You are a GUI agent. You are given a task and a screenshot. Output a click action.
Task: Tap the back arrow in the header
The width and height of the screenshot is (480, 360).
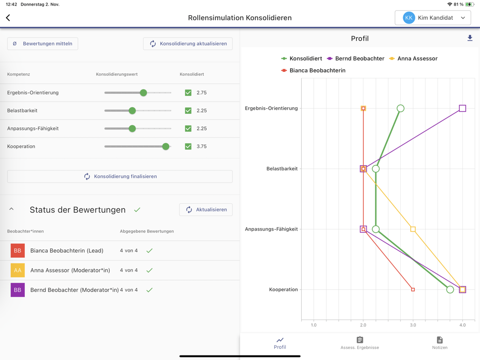point(8,18)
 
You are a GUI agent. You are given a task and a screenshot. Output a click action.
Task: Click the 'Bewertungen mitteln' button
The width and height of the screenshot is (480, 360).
point(42,43)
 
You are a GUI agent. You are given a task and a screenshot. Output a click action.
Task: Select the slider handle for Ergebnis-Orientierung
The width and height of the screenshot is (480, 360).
point(143,93)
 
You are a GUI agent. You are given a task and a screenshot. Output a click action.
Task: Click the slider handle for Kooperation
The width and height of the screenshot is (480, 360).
point(166,146)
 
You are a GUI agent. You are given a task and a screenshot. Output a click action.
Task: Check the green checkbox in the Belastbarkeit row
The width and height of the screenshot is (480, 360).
point(188,111)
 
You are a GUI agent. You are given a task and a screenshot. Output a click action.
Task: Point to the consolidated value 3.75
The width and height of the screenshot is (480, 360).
point(202,147)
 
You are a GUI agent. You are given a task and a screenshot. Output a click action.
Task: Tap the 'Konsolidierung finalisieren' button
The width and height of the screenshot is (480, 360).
point(120,176)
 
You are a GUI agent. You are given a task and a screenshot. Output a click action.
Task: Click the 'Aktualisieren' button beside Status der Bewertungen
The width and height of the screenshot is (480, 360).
point(206,210)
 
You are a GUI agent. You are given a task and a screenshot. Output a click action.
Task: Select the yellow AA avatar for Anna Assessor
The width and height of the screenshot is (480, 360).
point(18,271)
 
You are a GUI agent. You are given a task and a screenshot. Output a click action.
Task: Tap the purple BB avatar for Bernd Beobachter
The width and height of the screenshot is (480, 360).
point(18,290)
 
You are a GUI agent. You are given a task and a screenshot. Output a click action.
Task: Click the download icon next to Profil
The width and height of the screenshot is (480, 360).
point(470,38)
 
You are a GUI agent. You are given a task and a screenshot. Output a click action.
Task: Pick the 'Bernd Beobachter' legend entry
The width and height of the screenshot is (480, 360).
point(356,59)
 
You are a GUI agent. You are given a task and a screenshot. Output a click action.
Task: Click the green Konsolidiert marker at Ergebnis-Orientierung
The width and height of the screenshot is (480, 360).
point(401,108)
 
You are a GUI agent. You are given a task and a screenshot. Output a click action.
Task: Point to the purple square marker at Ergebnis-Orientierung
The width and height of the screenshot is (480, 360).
point(462,108)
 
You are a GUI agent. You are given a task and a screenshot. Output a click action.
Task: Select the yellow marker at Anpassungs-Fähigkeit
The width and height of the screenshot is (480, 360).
point(413,229)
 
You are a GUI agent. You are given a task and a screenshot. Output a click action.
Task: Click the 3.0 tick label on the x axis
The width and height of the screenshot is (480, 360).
point(413,325)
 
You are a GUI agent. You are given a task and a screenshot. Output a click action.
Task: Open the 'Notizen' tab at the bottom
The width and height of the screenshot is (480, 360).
point(440,343)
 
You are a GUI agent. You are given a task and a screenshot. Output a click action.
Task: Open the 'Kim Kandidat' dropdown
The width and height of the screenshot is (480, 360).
point(433,18)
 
